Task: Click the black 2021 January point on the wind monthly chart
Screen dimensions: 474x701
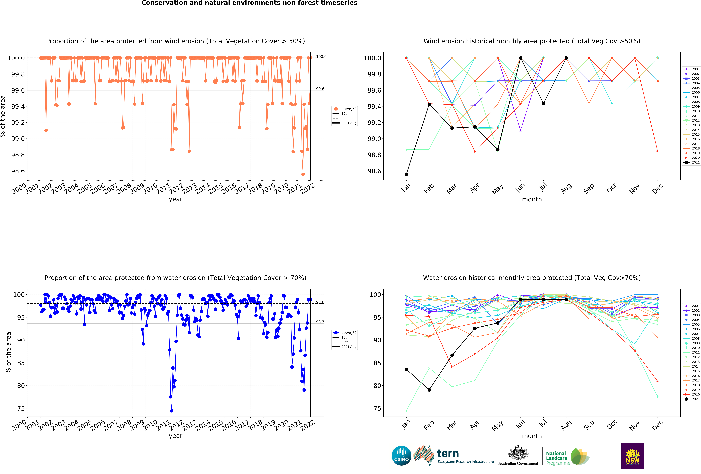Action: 406,174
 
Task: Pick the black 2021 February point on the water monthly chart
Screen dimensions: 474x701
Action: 429,390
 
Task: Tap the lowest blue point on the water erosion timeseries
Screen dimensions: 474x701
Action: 172,411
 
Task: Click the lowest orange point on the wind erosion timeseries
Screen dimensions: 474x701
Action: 303,174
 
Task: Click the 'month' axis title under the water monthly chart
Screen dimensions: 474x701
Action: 532,436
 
